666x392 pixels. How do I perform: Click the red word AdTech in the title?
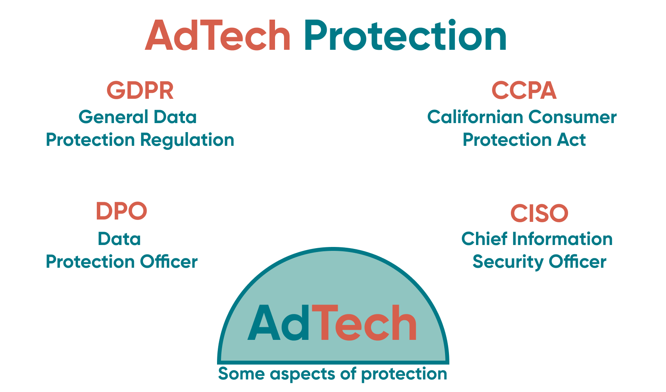[x=218, y=36]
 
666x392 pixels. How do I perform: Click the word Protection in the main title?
[x=405, y=36]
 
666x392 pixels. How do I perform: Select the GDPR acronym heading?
[x=140, y=91]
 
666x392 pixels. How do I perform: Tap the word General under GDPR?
[x=113, y=117]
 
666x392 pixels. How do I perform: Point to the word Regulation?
[x=187, y=140]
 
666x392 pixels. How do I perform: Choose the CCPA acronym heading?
[x=524, y=91]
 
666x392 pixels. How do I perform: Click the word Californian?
[x=475, y=117]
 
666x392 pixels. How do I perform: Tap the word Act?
[x=571, y=140]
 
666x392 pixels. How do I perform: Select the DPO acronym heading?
[x=121, y=211]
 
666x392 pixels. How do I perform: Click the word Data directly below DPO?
[x=119, y=239]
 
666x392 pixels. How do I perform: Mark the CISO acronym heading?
[x=539, y=214]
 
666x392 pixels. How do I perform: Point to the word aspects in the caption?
[x=303, y=374]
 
